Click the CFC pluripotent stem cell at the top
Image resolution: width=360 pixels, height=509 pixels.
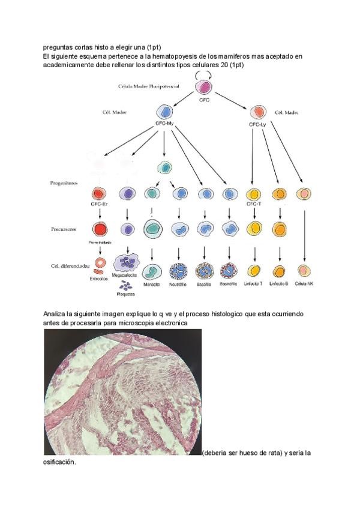point(204,87)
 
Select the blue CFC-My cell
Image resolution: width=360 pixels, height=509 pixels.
point(164,112)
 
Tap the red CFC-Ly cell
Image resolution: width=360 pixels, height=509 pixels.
point(258,112)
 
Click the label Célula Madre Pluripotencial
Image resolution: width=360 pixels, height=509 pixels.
point(149,86)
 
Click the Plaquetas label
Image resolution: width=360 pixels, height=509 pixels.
point(127,294)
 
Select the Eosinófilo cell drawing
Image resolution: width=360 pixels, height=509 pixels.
point(229,271)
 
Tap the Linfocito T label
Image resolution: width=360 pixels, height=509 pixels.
point(254,283)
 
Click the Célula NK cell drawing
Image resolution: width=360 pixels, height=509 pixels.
point(305,271)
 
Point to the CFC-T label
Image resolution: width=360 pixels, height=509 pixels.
point(254,204)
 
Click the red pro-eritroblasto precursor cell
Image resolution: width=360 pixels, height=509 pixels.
point(99,229)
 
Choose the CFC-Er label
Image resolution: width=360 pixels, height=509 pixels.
point(99,204)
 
